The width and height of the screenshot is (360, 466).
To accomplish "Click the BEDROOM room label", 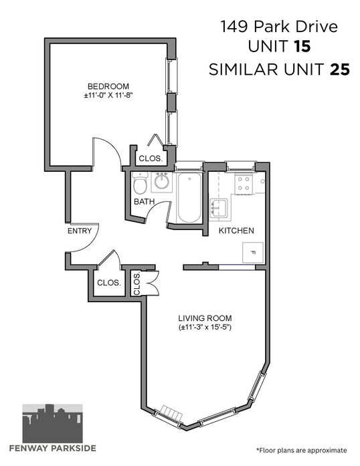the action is [x=108, y=86].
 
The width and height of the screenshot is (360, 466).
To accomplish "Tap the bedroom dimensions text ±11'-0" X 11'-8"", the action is [x=108, y=96].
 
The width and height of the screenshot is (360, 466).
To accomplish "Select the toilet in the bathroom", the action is [x=140, y=183].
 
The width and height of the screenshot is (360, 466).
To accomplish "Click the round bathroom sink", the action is [x=162, y=182].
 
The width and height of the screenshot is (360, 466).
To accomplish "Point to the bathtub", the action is [x=189, y=197].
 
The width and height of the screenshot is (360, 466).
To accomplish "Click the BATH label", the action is [x=145, y=201].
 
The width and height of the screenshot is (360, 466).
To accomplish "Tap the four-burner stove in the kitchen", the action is [x=244, y=183].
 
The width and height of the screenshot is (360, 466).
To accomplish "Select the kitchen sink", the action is [x=219, y=208].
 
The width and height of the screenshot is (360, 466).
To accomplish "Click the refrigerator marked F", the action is [x=253, y=253].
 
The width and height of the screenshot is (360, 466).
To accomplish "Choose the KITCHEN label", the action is [x=236, y=231].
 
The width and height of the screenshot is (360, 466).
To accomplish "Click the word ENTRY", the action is [x=80, y=231].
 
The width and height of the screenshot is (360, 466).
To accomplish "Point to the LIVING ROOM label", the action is [x=205, y=318].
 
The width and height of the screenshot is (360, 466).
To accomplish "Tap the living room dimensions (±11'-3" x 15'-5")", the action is [x=205, y=328].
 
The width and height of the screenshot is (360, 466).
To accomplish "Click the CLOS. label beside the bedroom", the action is [x=151, y=158].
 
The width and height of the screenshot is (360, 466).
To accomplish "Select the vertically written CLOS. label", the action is [x=137, y=284].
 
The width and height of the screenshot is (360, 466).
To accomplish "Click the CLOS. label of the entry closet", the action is [x=109, y=283].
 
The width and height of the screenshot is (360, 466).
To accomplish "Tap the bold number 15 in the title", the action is [x=302, y=47].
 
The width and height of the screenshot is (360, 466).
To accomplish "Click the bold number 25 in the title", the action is [x=339, y=70].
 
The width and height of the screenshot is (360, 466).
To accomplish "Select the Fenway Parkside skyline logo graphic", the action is [x=53, y=423].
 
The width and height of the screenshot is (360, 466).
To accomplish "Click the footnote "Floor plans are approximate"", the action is [x=301, y=450].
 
